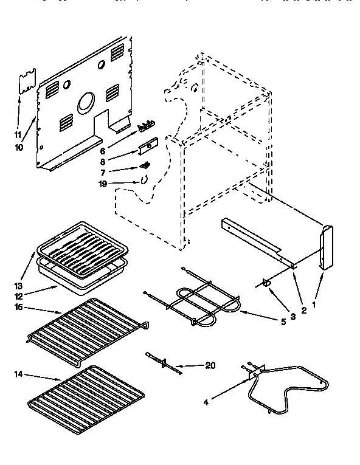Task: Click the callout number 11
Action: click(x=18, y=134)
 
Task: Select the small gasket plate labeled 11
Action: click(x=25, y=83)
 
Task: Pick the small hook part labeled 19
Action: click(x=143, y=179)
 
